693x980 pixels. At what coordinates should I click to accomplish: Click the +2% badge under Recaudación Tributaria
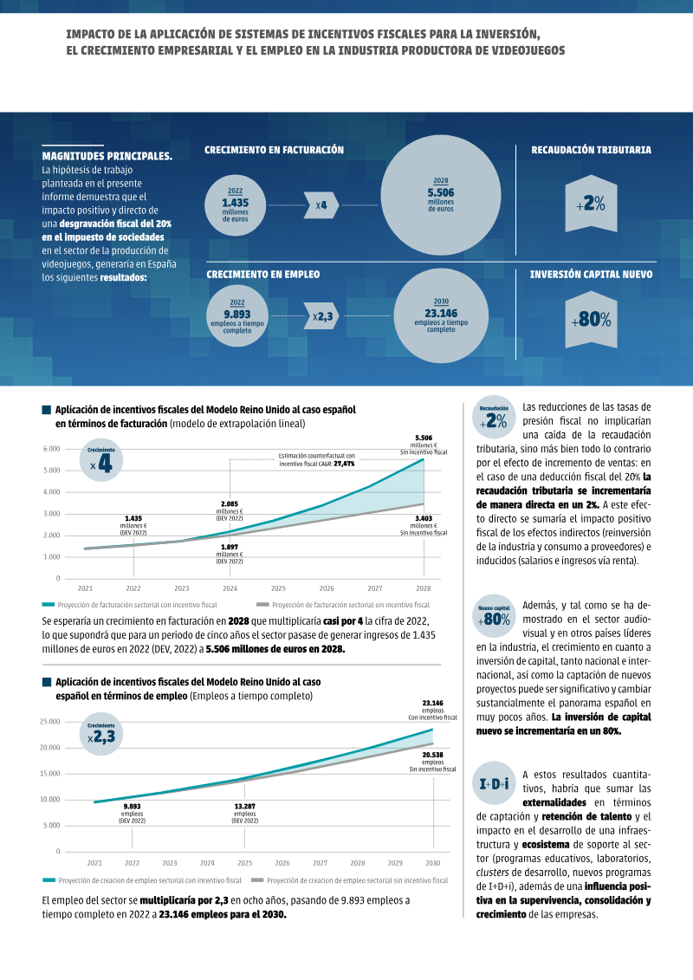click(591, 203)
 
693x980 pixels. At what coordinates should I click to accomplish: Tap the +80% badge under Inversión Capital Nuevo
click(591, 320)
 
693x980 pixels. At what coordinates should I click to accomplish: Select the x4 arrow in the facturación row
click(321, 205)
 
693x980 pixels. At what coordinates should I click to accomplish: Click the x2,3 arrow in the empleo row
click(321, 316)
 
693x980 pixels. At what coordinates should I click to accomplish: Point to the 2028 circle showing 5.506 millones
click(441, 196)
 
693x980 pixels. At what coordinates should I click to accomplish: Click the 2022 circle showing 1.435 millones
click(236, 205)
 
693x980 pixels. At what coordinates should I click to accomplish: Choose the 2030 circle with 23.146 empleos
click(441, 316)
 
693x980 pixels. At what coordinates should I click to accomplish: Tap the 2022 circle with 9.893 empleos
click(236, 316)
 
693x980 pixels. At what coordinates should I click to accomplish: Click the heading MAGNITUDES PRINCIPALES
click(107, 156)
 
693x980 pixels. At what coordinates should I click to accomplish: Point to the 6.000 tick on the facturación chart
click(52, 449)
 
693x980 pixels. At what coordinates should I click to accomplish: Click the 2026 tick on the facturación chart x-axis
click(327, 588)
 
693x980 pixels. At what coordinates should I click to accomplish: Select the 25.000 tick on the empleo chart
click(50, 722)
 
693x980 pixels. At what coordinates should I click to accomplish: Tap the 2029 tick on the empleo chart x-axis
click(395, 863)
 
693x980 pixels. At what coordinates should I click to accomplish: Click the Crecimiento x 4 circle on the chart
click(101, 461)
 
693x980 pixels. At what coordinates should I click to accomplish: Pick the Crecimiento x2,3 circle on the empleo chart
click(101, 735)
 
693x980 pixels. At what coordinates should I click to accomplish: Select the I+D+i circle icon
click(495, 784)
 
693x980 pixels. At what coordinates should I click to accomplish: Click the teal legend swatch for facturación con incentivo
click(49, 605)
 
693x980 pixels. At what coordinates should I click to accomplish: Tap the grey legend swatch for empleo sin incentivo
click(256, 880)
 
